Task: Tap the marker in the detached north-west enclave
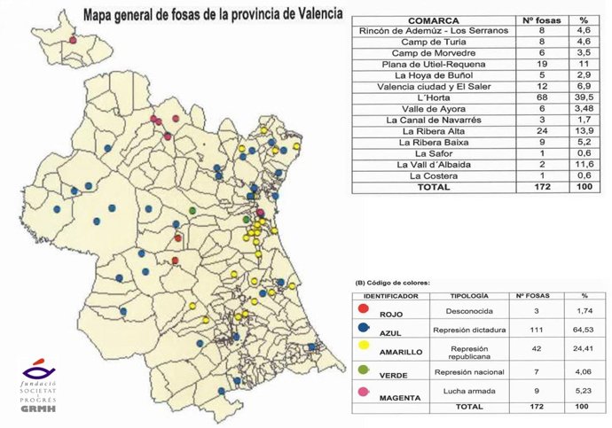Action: [x=73, y=40]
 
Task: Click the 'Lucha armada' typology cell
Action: [x=470, y=391]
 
